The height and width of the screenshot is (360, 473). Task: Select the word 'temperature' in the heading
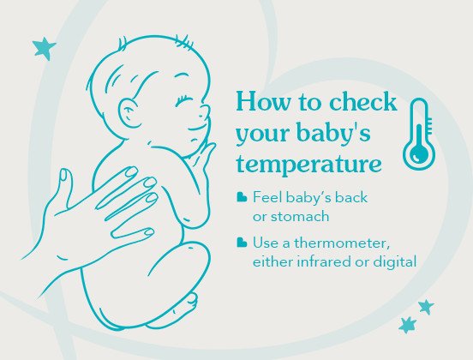308,162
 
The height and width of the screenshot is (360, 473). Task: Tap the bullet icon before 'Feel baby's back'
242,198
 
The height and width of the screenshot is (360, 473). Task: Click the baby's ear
128,111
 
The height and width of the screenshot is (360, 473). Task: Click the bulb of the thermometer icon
419,154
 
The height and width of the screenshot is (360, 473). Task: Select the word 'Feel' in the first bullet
266,198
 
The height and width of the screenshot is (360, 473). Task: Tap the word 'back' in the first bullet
351,198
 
